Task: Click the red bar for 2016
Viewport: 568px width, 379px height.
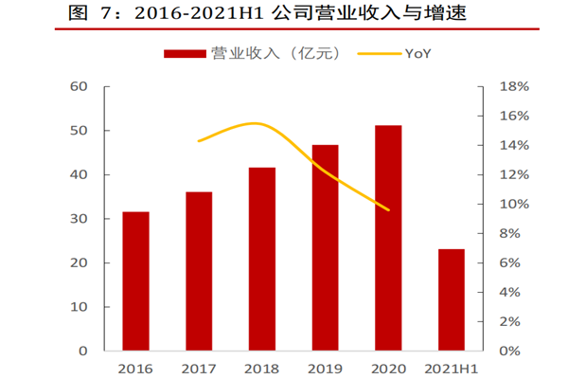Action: (135, 281)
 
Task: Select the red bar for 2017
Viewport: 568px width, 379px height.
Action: (199, 271)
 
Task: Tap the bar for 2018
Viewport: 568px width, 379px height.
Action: (262, 259)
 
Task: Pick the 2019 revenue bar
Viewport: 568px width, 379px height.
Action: (325, 247)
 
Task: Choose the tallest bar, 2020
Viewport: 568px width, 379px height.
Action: (388, 238)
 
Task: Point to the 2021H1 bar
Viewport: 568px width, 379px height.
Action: (452, 299)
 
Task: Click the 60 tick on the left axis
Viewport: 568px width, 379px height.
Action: (79, 86)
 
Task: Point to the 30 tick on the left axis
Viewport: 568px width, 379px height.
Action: (79, 219)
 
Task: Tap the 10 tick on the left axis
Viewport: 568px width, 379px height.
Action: (79, 307)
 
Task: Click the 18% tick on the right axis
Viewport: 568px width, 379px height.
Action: (503, 86)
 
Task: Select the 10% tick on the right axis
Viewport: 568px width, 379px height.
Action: (503, 204)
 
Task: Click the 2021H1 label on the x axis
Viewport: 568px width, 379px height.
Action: (452, 368)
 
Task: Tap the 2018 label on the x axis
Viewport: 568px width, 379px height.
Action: (262, 368)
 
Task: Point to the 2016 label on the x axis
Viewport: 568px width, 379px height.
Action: (135, 368)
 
